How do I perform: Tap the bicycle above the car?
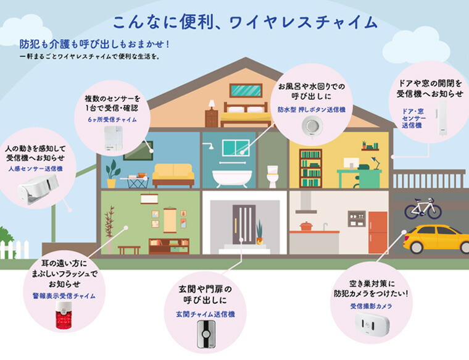423,208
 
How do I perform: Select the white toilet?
273,177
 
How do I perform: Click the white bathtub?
232,178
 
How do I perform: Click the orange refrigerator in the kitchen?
378,233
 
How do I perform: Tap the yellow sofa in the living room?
173,175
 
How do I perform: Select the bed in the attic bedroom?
246,115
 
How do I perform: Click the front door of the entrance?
244,224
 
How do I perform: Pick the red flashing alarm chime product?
64,315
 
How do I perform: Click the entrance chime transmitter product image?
206,334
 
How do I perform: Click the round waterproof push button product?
312,127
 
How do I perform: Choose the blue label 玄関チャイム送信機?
205,314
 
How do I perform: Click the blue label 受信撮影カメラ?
371,306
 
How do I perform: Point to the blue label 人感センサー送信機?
36,169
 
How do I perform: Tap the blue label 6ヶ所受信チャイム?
112,119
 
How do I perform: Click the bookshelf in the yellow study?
310,169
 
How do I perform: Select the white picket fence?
14,249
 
